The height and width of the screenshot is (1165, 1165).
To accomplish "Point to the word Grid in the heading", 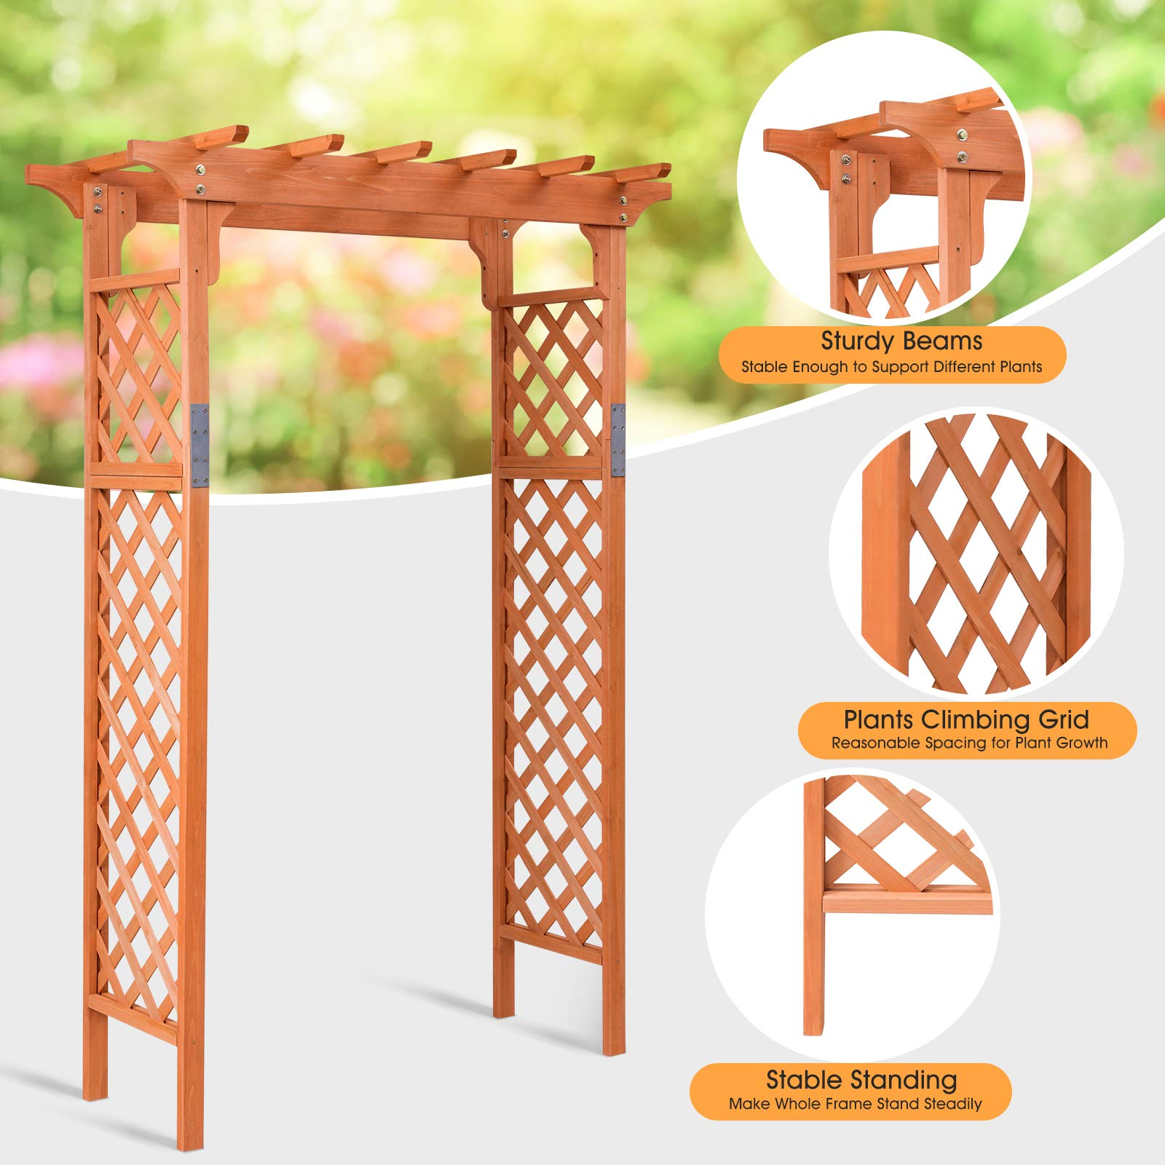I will (x=1064, y=719).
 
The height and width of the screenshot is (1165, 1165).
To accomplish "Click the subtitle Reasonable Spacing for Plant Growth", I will (x=969, y=743).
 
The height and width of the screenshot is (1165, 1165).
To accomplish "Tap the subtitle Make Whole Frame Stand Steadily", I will (x=855, y=1104).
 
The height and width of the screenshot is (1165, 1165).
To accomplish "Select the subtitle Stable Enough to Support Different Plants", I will (x=891, y=367).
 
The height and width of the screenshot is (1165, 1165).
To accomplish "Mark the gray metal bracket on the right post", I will (x=618, y=440).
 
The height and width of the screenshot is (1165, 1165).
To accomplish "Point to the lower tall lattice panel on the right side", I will (x=553, y=706).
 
